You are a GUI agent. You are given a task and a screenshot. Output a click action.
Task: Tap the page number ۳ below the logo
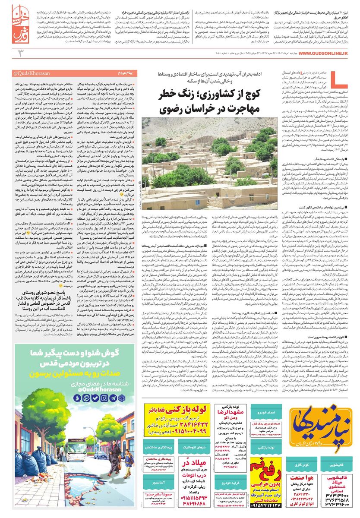pos(20,53)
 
